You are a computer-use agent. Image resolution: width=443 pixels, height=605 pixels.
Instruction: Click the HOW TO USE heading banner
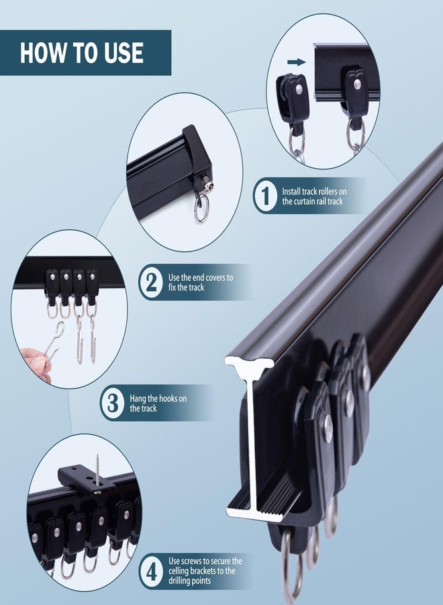click(x=85, y=52)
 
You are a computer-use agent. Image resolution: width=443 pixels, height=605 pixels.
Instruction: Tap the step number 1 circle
click(x=265, y=196)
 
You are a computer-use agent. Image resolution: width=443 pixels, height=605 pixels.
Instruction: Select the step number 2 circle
click(x=150, y=282)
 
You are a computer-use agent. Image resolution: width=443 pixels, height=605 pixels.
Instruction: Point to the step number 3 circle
click(x=111, y=403)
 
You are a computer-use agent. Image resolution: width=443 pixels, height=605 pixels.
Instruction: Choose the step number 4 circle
click(x=152, y=571)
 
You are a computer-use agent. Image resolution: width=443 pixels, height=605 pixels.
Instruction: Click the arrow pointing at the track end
click(x=295, y=63)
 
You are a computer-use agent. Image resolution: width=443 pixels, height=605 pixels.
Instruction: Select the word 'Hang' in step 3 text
click(x=138, y=399)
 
